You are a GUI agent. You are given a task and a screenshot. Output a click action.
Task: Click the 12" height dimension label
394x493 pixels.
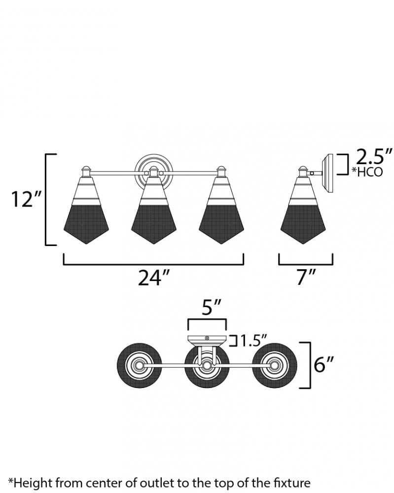tap(26, 199)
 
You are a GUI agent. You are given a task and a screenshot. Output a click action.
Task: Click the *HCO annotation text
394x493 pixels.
tap(367, 172)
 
